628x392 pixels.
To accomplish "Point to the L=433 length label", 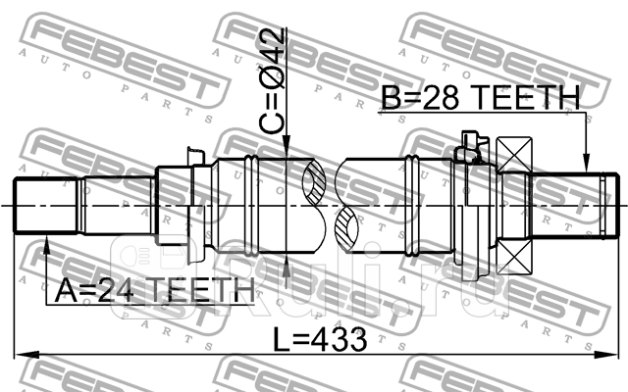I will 319,340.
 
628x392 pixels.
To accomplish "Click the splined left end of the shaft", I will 45,205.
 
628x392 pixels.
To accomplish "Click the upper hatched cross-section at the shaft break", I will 317,183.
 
